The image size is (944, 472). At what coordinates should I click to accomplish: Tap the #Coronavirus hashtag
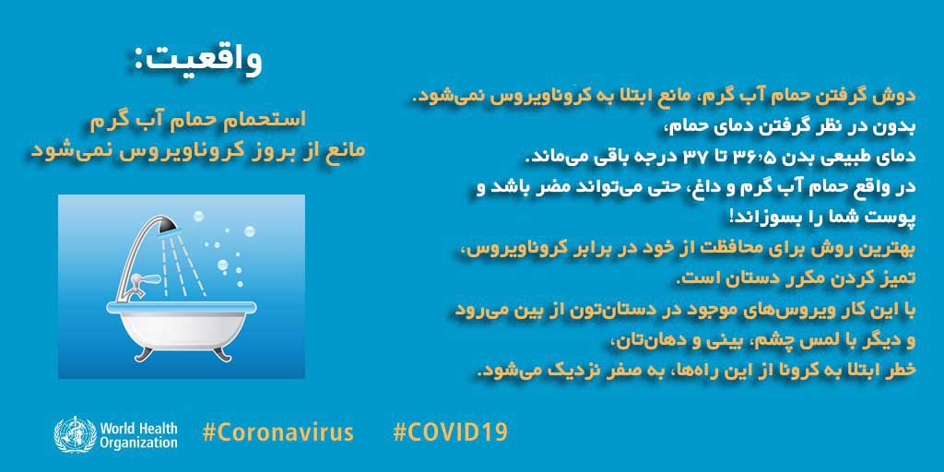tap(278, 432)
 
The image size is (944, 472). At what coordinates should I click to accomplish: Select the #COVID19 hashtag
tap(450, 432)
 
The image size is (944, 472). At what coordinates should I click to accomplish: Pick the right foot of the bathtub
tap(221, 352)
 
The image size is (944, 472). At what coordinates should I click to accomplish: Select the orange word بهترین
tap(892, 249)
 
